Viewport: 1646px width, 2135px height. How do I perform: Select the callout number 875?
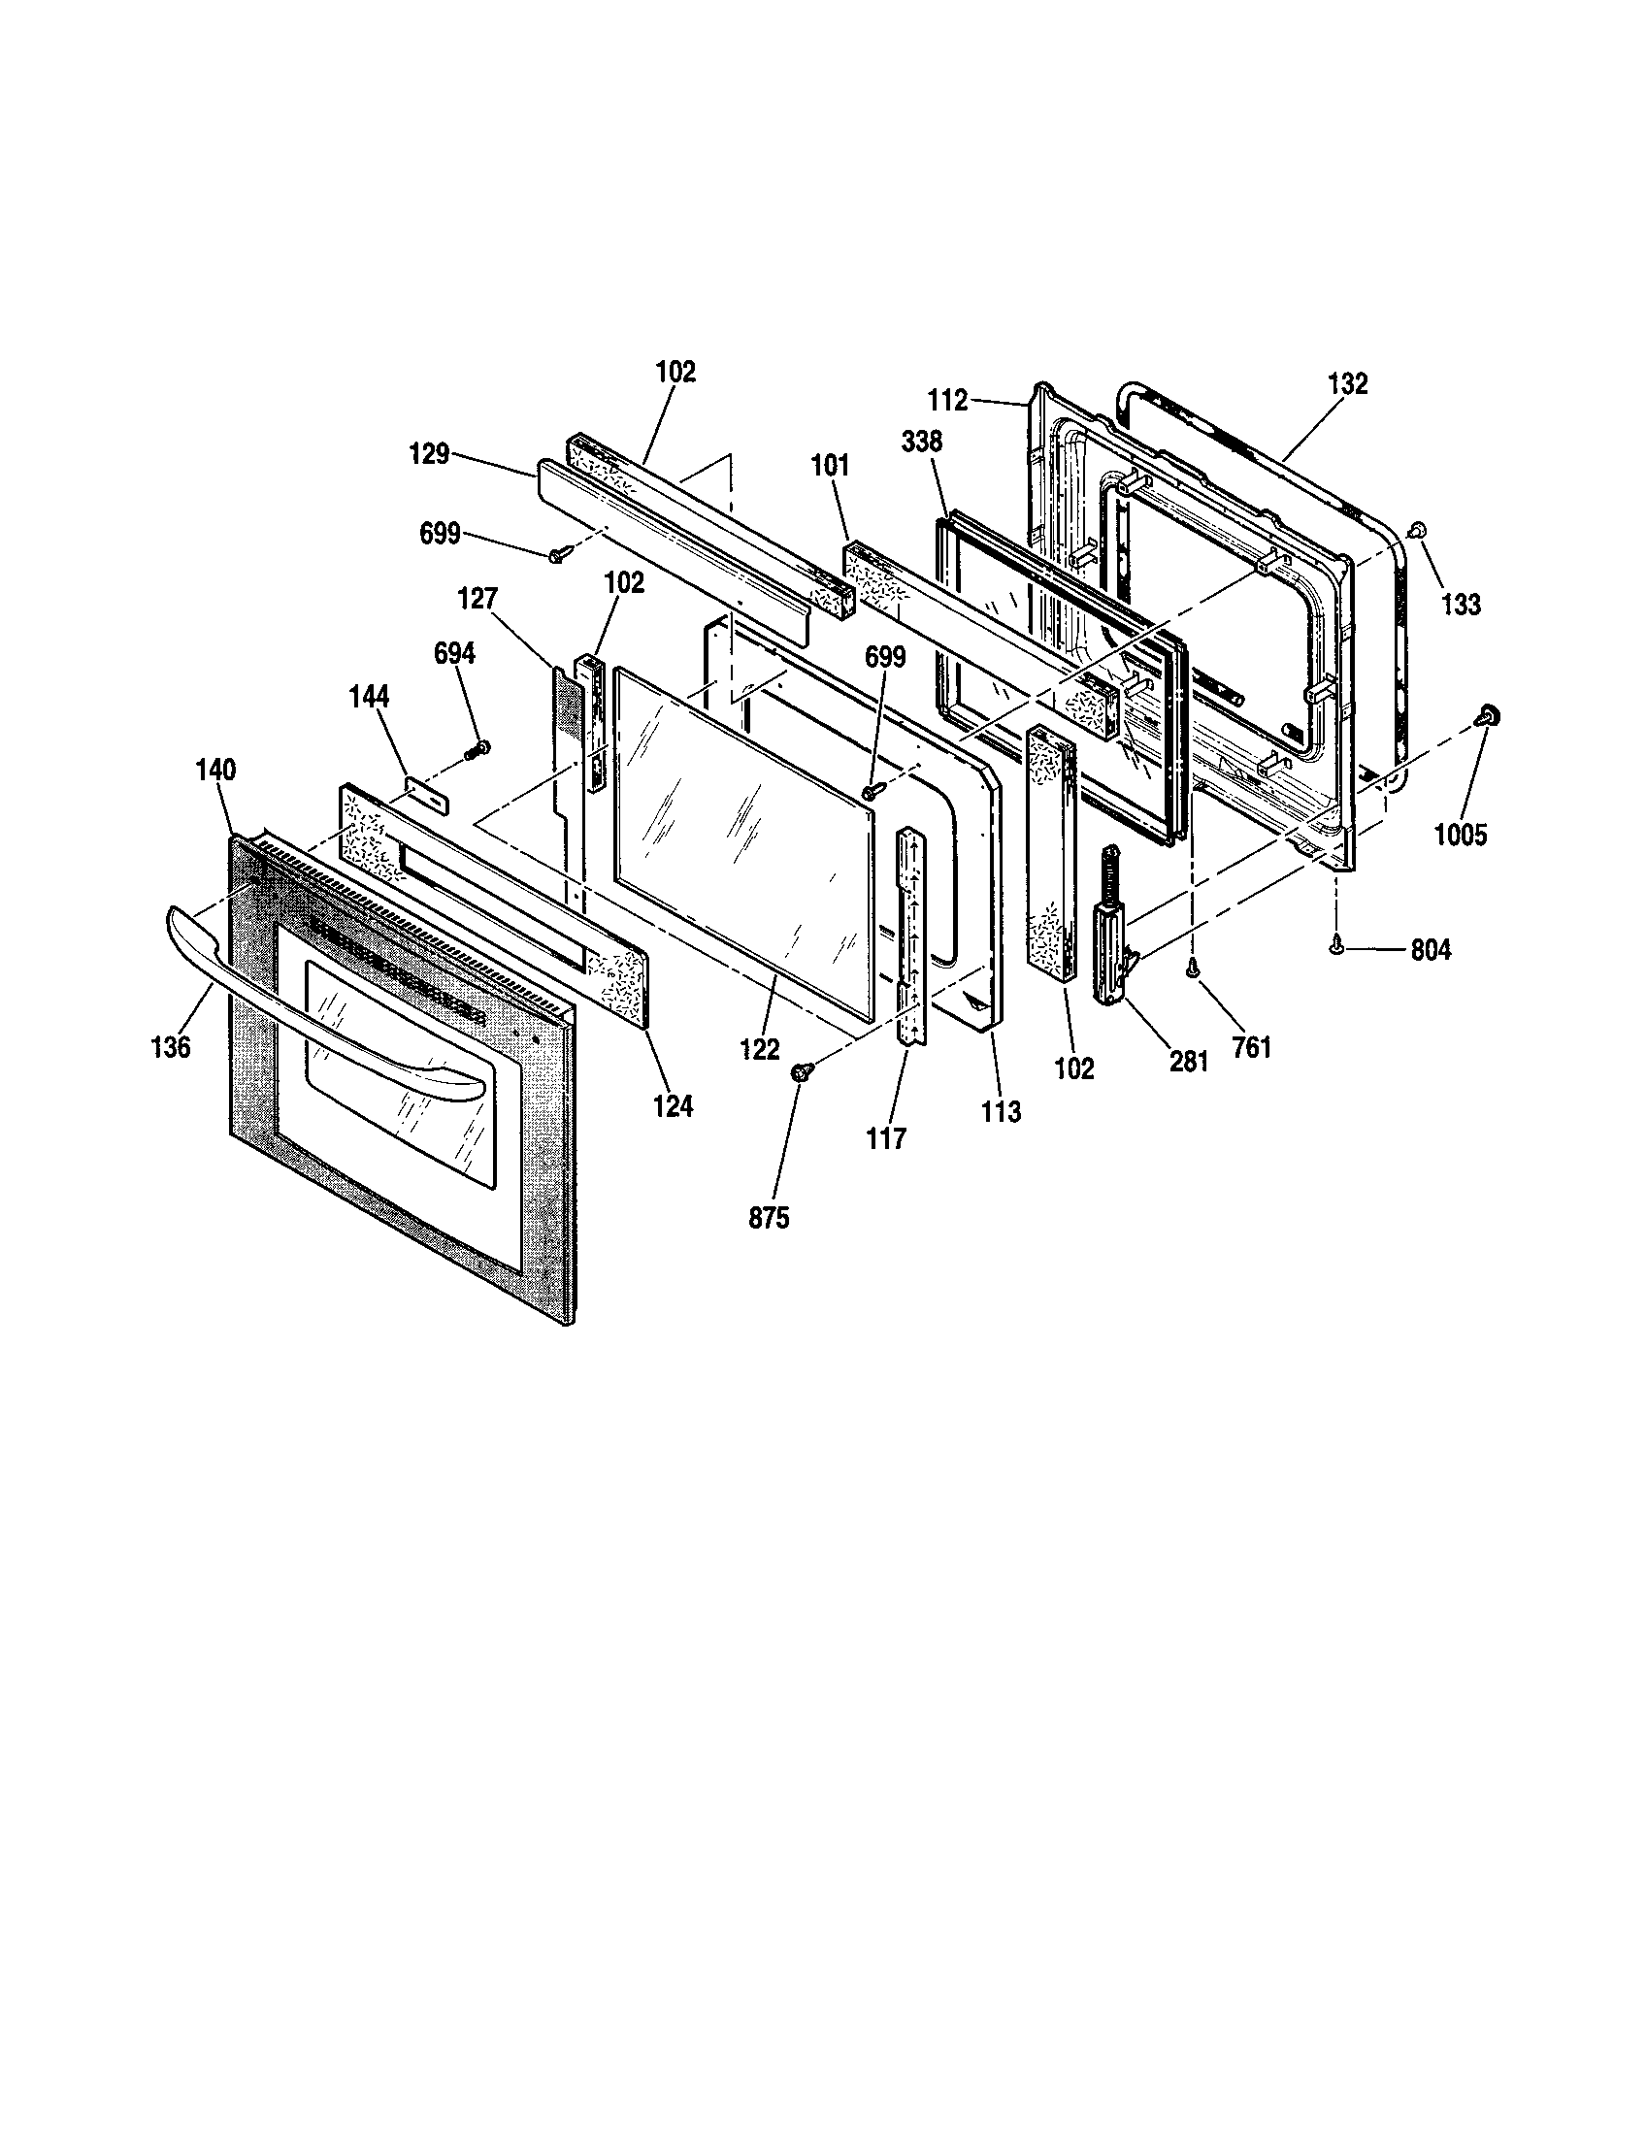(769, 1219)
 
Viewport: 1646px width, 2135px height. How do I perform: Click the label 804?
(1430, 949)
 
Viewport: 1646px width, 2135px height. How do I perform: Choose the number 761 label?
(1251, 1047)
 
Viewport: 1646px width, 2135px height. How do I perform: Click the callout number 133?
(1461, 605)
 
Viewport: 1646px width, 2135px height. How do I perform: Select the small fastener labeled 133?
(1414, 529)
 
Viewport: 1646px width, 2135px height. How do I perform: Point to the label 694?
(454, 653)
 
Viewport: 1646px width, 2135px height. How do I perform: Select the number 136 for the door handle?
(171, 1047)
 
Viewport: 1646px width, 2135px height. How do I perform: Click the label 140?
(215, 771)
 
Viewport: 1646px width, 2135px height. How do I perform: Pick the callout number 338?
(922, 442)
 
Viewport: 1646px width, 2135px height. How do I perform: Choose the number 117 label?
(885, 1138)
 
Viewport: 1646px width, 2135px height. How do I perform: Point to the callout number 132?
(1348, 384)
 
